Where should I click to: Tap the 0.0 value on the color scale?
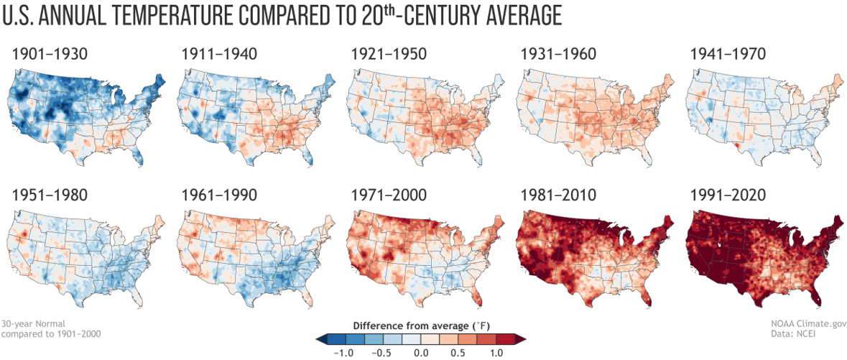click(422, 352)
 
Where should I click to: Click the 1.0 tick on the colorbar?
click(496, 352)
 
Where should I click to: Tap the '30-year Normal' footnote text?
click(29, 323)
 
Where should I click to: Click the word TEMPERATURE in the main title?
click(180, 16)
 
